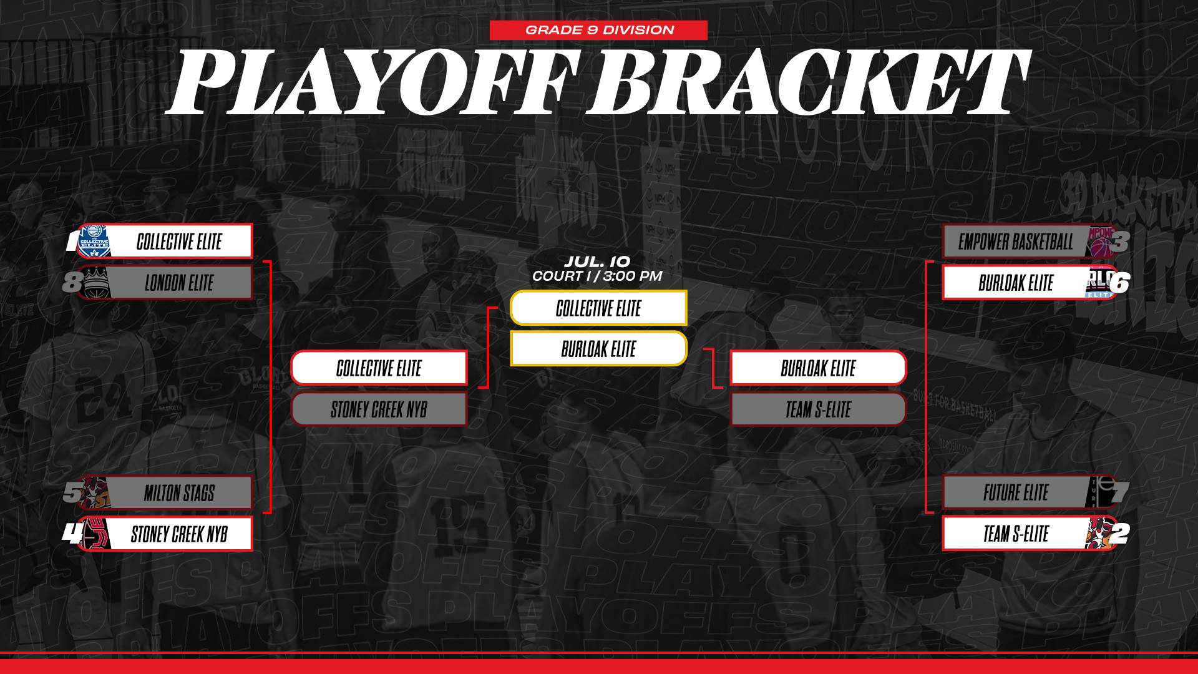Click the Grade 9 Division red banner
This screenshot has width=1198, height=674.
[598, 30]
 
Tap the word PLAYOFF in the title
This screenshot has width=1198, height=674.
[373, 82]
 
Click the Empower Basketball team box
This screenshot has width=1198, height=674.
[1030, 242]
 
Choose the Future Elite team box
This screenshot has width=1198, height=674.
[1030, 493]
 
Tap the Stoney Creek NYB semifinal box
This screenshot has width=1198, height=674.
[379, 409]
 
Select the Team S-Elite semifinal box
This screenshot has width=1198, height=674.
[818, 409]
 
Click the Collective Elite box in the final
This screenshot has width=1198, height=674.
[598, 308]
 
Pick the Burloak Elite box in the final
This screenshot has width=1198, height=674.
[598, 348]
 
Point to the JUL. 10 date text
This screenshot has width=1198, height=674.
[597, 261]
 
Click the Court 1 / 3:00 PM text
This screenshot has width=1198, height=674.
[597, 276]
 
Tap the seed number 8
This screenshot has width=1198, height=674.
[72, 282]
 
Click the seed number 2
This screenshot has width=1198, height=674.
[1120, 534]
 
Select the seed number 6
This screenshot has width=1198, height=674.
[1119, 283]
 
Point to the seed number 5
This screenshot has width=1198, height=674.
[72, 492]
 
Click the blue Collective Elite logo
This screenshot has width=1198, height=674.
[95, 241]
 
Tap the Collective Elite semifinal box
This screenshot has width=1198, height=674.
[379, 368]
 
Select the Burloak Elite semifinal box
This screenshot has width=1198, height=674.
[818, 368]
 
